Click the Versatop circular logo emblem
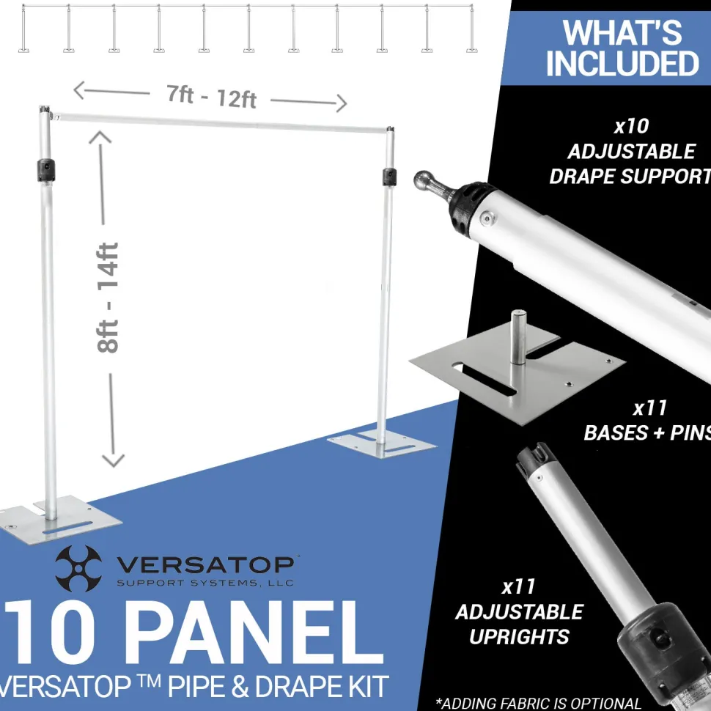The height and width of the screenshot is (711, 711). click(x=78, y=568)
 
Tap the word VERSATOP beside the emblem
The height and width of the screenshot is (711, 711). click(x=205, y=564)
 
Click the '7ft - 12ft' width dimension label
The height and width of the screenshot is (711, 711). click(x=211, y=97)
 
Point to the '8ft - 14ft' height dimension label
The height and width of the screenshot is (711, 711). click(x=108, y=298)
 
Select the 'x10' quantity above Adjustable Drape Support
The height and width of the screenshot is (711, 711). click(x=631, y=126)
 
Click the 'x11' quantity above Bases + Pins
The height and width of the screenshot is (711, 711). click(x=649, y=408)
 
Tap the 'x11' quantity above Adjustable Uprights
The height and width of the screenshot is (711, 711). click(x=519, y=586)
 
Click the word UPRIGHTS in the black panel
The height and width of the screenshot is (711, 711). click(x=519, y=637)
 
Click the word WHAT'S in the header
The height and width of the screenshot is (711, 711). click(x=622, y=33)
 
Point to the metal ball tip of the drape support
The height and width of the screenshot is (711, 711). click(x=423, y=180)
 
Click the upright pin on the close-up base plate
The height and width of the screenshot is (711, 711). click(x=517, y=337)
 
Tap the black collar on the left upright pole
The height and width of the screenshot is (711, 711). click(x=45, y=171)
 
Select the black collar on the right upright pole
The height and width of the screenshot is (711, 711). click(x=389, y=177)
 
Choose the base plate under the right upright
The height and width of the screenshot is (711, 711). click(x=382, y=443)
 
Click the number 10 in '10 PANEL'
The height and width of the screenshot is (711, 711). click(x=49, y=632)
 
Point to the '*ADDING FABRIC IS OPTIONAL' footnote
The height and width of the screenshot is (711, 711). click(x=538, y=703)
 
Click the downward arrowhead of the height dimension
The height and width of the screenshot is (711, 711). click(x=113, y=460)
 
